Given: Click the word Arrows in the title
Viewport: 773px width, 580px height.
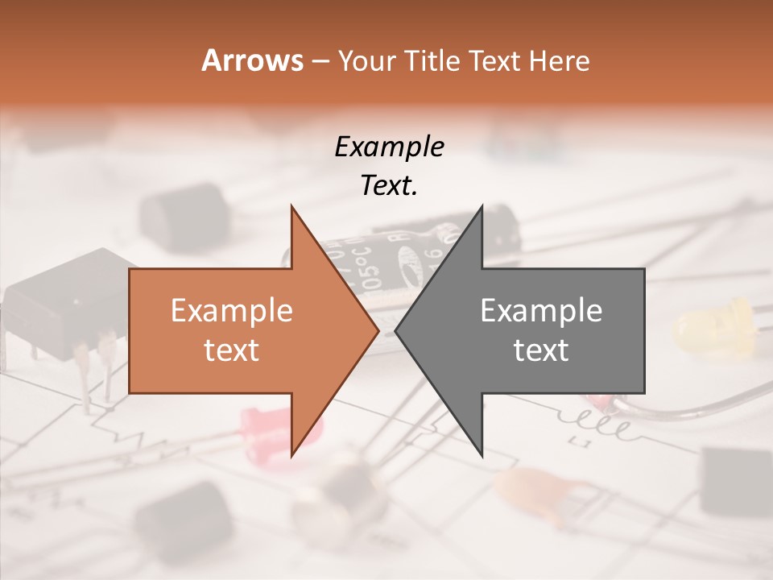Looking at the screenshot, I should pyautogui.click(x=252, y=60).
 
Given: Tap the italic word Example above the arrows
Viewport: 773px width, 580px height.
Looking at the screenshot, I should pyautogui.click(x=389, y=147).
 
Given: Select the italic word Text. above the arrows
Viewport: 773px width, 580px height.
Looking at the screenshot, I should pyautogui.click(x=389, y=186).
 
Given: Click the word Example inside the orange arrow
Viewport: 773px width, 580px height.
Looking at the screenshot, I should pyautogui.click(x=232, y=311).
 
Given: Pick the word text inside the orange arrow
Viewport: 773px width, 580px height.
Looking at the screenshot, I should pyautogui.click(x=232, y=350).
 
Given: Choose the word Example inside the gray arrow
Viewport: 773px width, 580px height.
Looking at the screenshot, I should pyautogui.click(x=541, y=311).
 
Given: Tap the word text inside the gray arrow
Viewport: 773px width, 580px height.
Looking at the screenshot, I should pyautogui.click(x=541, y=350).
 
